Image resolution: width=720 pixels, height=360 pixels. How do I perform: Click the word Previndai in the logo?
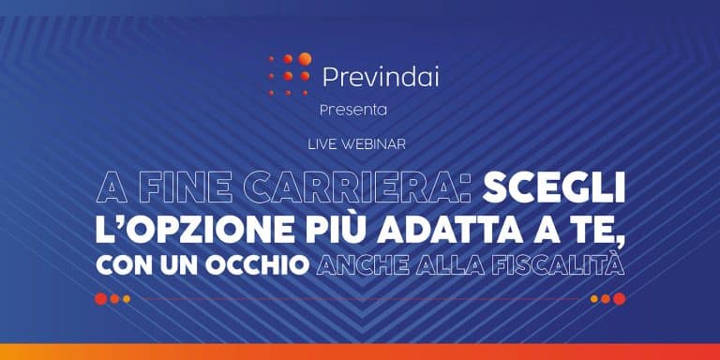[x=380, y=77]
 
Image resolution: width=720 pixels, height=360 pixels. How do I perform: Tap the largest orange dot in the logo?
[x=304, y=59]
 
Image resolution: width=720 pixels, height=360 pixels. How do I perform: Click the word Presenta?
[x=352, y=110]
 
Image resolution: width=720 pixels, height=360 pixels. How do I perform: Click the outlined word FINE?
[x=185, y=188]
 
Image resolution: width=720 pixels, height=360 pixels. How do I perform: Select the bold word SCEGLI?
[x=554, y=188]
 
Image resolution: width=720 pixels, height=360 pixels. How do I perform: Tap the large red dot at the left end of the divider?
[x=100, y=299]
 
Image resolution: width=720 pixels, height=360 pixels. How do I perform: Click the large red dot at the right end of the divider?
[x=620, y=299]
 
